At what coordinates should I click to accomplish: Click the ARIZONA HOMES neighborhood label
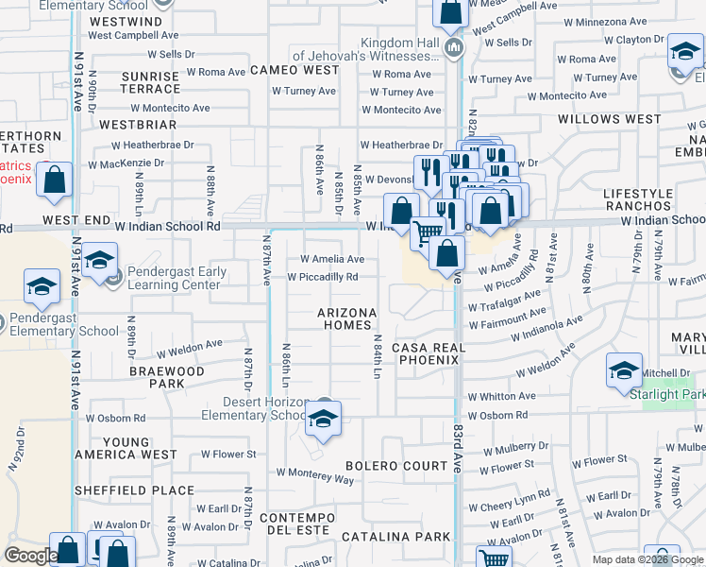coord(346,318)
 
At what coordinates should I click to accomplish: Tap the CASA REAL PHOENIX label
coord(429,353)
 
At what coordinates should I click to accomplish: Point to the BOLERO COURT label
coord(396,466)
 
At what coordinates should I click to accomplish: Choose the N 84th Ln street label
coord(376,358)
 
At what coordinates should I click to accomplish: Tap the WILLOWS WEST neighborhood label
coord(609,119)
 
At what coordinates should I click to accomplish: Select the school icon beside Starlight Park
coord(624,370)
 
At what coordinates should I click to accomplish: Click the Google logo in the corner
coord(30,556)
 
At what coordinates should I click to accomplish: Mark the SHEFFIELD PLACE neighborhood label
coord(135,490)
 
